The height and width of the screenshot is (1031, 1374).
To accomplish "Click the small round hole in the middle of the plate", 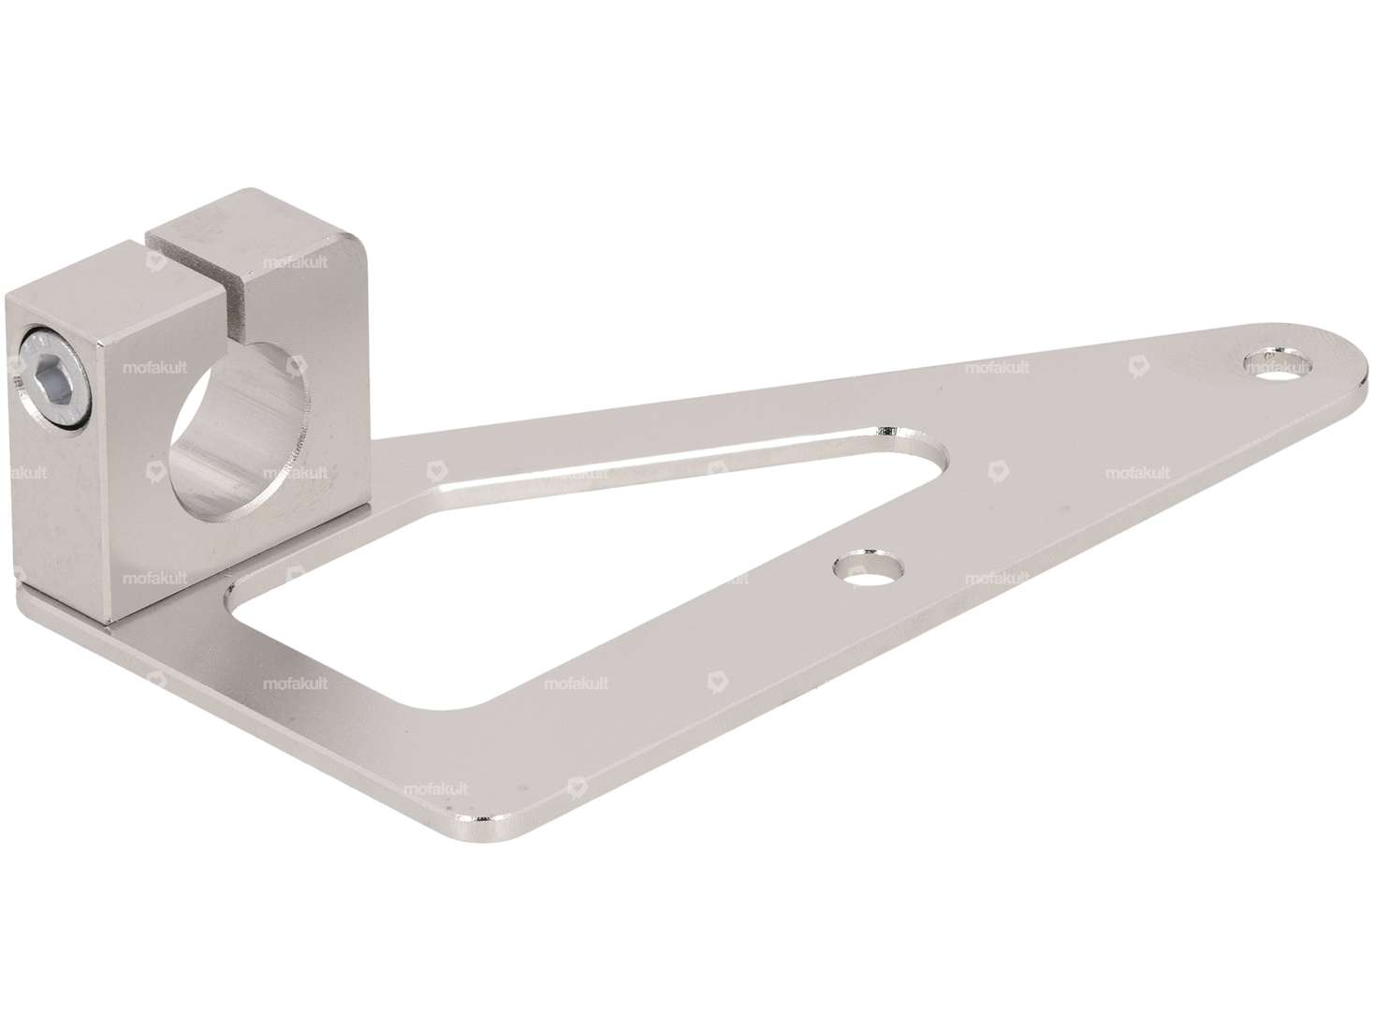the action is [869, 567].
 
